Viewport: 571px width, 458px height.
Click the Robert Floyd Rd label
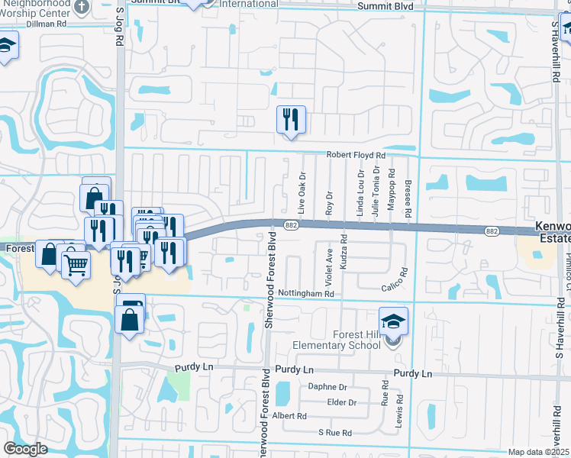pos(356,155)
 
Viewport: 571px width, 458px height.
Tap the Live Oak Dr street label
pos(302,193)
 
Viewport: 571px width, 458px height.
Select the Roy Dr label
pos(330,202)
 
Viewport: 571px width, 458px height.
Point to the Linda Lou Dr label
pos(360,195)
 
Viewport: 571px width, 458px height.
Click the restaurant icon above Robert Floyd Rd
pos(290,120)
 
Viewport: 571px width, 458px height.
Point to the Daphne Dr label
pos(327,387)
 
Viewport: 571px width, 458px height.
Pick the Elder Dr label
pos(341,402)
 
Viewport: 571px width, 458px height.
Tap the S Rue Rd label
pos(335,433)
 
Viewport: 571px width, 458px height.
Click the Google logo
pos(25,449)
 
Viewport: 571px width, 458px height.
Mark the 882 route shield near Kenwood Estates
pos(492,230)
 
